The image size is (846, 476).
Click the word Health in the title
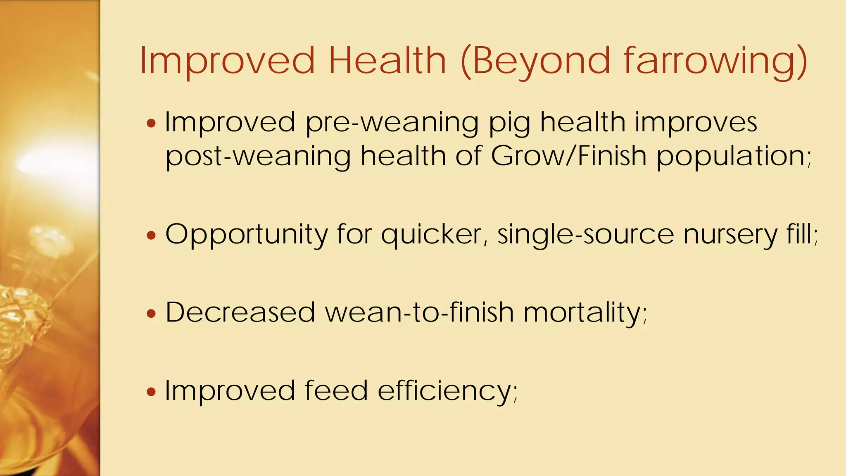[387, 61]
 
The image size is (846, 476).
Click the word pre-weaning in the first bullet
[392, 123]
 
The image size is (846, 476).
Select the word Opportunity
[246, 235]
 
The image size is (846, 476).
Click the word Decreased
[240, 312]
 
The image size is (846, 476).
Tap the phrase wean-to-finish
[419, 312]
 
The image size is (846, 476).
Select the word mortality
[583, 312]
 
